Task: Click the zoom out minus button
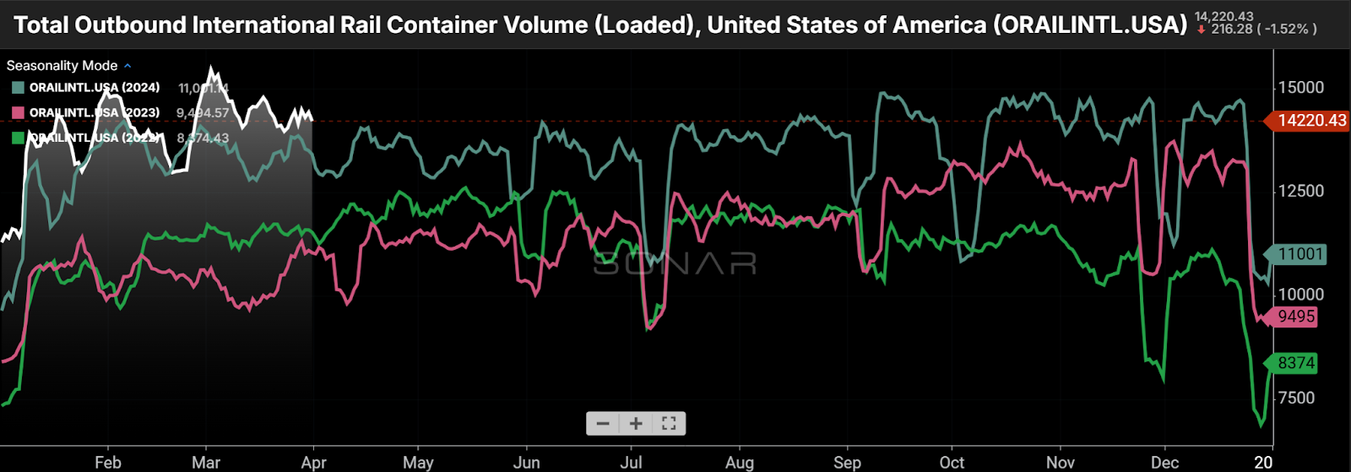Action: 603,424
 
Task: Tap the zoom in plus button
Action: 636,424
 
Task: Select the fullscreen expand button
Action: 669,424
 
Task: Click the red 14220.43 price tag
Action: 1310,121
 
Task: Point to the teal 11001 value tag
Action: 1299,254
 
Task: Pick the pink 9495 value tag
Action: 1295,317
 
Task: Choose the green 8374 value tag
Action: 1295,363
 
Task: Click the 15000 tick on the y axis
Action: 1300,88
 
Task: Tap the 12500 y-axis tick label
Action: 1300,191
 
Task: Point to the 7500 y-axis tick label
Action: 1296,398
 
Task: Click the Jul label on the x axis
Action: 631,463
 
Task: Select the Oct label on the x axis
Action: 952,463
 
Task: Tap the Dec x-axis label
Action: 1165,463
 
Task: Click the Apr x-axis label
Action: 313,463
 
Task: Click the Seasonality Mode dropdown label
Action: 62,66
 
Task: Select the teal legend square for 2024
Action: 18,88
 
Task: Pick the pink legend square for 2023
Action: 18,113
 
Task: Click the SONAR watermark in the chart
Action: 675,264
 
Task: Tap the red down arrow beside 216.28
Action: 1202,30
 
